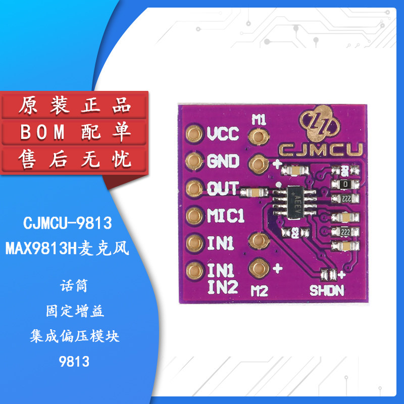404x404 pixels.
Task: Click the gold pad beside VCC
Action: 193,134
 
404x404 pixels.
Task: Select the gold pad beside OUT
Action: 193,189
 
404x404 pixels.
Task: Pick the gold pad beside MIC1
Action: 193,217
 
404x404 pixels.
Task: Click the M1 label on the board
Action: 259,120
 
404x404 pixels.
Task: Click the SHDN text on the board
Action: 327,291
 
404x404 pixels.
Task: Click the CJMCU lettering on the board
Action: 315,149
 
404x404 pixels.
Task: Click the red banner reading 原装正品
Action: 75,106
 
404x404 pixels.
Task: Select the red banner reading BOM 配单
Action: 75,133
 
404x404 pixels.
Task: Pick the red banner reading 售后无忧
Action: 75,160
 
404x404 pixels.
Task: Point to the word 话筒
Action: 75,286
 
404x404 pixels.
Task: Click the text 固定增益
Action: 75,312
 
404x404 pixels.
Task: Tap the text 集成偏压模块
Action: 75,336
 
